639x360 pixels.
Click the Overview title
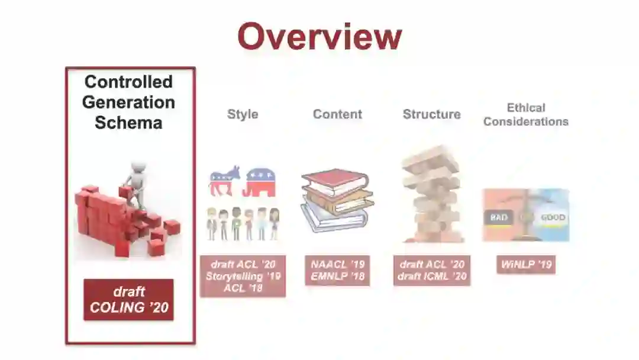pos(319,37)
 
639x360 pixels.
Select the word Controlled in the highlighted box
pos(128,82)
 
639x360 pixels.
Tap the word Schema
pos(128,123)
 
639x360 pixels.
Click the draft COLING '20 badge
pos(128,300)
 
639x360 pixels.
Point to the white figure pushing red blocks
pos(135,181)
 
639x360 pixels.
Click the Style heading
pos(243,114)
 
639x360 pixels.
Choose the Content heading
pos(337,114)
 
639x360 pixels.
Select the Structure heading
pos(431,114)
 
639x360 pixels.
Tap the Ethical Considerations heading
pos(525,115)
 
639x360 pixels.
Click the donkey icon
pos(224,181)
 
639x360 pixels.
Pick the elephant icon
pos(260,181)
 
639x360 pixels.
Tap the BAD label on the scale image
pos(499,217)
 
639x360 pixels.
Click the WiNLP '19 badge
pos(525,265)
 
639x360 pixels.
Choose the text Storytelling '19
pos(243,277)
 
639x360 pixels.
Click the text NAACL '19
pos(337,265)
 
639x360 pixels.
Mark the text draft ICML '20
pos(431,277)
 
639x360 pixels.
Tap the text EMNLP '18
pos(337,277)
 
